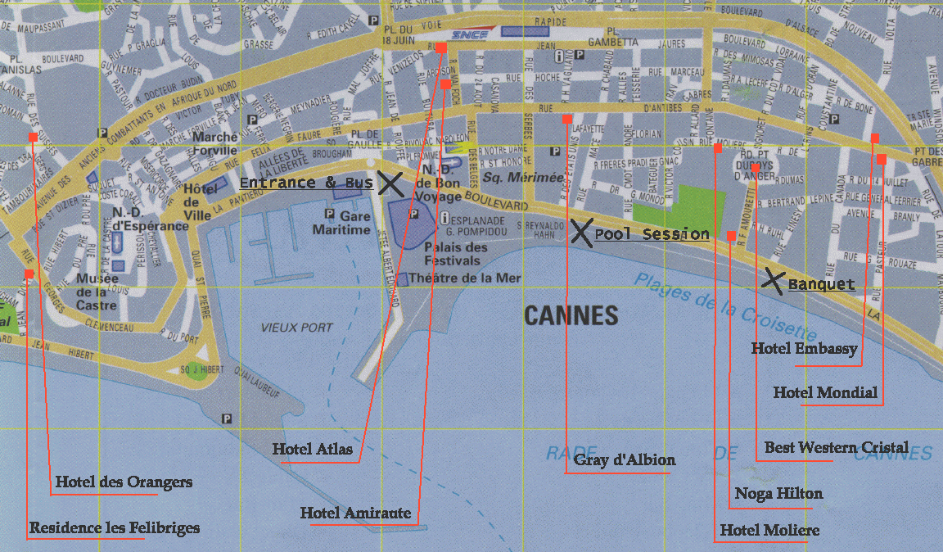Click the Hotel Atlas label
click(313, 449)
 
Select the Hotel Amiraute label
click(355, 513)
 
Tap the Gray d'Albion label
click(625, 459)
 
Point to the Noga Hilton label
click(778, 494)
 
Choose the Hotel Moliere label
click(769, 531)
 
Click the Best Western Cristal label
click(836, 448)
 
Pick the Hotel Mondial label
click(825, 393)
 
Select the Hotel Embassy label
click(804, 349)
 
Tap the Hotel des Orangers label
click(124, 482)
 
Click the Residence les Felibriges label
click(114, 528)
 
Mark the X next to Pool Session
click(580, 233)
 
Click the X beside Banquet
click(772, 280)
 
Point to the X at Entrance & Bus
click(390, 183)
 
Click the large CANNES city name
click(571, 315)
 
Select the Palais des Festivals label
click(456, 254)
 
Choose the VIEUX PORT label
click(297, 328)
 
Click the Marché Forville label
click(214, 144)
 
